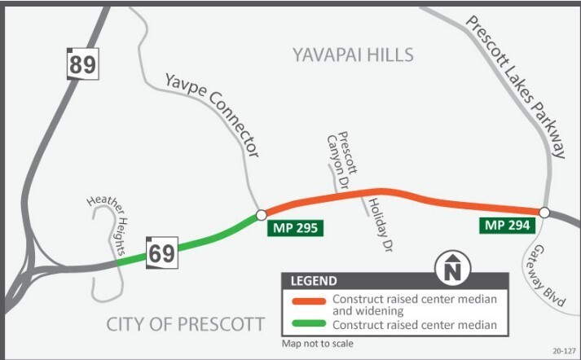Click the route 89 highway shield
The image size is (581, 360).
(81, 64)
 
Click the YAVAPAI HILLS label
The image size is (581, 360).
(353, 55)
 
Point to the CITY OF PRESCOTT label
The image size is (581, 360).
(186, 325)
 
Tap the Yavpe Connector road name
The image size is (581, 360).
(213, 114)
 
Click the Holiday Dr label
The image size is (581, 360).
(375, 222)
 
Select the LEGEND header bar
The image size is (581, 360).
(394, 282)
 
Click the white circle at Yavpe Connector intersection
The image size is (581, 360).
(260, 215)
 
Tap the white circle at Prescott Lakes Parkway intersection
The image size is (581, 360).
(544, 213)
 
